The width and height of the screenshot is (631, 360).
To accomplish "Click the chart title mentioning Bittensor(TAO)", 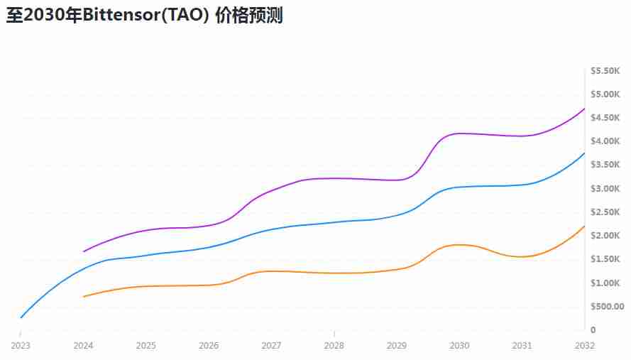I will tap(145, 16).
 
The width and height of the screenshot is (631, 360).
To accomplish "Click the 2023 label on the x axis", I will tap(21, 346).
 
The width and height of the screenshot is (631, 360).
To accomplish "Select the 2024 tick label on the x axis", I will tap(84, 346).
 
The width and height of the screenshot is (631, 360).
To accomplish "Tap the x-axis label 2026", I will tap(209, 346).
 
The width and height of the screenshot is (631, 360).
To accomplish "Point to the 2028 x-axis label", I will tap(334, 346).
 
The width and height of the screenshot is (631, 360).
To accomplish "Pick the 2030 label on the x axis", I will tap(459, 346).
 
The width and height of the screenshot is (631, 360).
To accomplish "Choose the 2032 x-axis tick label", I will tap(585, 346).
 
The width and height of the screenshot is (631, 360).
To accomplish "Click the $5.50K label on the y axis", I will tap(606, 71).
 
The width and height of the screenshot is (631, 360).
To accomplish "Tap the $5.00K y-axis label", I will tap(606, 94).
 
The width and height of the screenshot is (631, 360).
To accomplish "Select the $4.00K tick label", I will tap(606, 141).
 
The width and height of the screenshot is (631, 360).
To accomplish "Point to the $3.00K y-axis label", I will tap(606, 189).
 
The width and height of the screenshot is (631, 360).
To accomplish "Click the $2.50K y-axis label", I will tap(606, 212).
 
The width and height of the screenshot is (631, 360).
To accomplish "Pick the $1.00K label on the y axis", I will tap(606, 283).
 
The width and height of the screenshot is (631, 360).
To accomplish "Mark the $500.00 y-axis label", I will tap(607, 307).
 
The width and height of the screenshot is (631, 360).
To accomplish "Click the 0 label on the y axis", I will tap(593, 330).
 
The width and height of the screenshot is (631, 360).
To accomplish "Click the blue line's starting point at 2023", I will tap(21, 317).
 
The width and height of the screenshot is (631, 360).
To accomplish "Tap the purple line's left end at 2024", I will tap(84, 251).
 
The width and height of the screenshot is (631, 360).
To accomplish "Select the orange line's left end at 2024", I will tap(84, 297).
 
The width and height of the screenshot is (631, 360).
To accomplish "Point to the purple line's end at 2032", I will tap(584, 109).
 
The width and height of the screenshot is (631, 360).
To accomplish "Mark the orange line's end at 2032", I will tap(584, 227).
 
